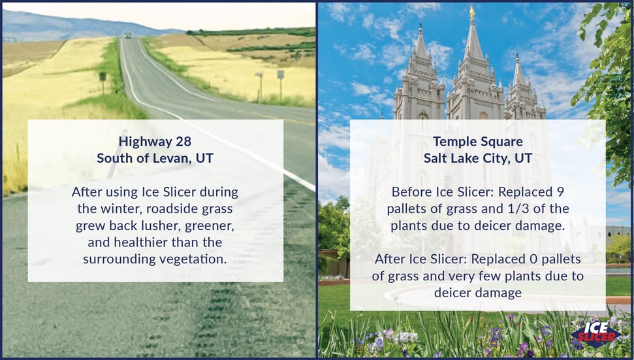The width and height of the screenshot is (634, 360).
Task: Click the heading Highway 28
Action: [155, 142]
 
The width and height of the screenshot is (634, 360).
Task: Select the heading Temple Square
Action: [478, 142]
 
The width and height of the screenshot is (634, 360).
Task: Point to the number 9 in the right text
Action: [560, 191]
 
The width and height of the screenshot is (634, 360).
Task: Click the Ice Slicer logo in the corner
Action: [595, 334]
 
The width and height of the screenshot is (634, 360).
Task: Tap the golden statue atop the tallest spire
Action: [471, 11]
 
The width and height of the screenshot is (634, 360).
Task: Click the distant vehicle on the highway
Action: [128, 35]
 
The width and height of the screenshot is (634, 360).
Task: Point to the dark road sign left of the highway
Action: [103, 76]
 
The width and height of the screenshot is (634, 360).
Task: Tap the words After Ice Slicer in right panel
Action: [421, 259]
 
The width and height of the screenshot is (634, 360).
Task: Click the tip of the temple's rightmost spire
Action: [517, 54]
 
